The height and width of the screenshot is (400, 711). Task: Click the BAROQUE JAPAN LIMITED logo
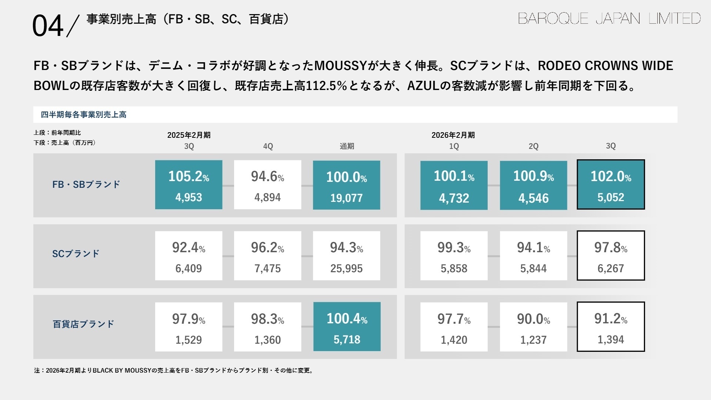point(609,19)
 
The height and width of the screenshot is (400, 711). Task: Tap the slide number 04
point(48,26)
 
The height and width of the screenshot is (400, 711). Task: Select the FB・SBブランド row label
point(86,184)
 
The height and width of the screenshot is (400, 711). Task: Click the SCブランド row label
point(76,254)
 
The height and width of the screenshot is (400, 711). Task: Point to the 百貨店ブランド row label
point(83,324)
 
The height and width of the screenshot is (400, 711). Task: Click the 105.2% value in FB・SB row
point(188,176)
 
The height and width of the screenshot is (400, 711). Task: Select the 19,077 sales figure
point(346,198)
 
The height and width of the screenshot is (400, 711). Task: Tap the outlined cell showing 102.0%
point(611,184)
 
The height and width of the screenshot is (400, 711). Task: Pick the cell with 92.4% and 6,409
point(188,256)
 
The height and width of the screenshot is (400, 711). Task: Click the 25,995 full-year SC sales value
point(346,269)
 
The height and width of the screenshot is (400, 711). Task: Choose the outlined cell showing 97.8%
point(611,256)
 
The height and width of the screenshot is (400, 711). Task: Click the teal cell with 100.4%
point(347,327)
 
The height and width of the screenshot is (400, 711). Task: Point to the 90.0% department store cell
point(533,327)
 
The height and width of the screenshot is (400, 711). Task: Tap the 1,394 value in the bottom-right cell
point(611,340)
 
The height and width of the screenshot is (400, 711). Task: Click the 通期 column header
point(347,146)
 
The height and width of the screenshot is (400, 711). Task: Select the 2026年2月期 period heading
point(453,135)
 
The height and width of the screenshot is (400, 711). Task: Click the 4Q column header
point(268,146)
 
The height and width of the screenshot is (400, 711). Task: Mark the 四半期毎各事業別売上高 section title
point(84,115)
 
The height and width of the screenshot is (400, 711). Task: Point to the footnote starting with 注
point(174,370)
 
